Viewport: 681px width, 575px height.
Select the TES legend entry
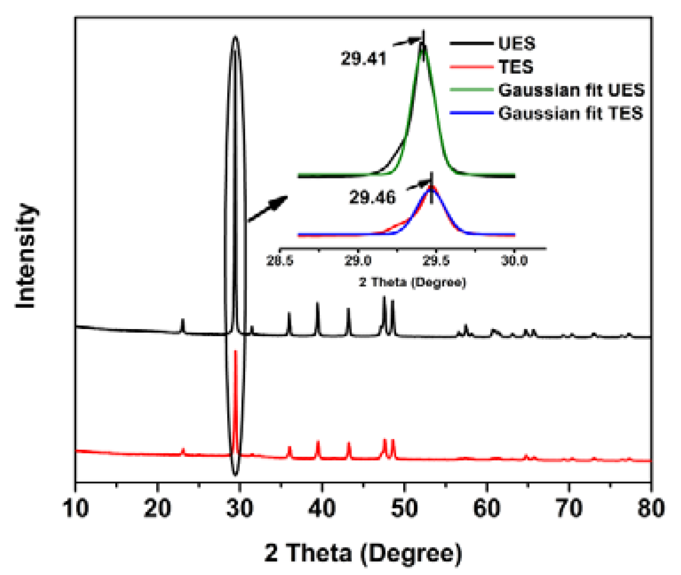pyautogui.click(x=516, y=67)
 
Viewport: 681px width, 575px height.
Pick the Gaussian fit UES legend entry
pyautogui.click(x=571, y=90)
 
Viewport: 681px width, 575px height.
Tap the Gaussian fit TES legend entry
pyautogui.click(x=571, y=113)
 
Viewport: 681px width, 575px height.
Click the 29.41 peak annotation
pyautogui.click(x=363, y=59)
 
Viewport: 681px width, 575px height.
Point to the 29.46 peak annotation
pyautogui.click(x=372, y=197)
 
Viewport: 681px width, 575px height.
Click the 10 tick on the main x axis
pyautogui.click(x=76, y=508)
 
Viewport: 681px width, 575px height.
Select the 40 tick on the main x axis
pyautogui.click(x=322, y=508)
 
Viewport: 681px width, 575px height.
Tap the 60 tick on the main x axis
pyautogui.click(x=487, y=508)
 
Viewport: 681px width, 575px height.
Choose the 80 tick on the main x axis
pyautogui.click(x=650, y=508)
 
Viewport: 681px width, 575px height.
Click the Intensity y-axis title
pyautogui.click(x=26, y=256)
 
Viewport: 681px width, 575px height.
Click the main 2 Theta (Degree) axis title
pyautogui.click(x=363, y=553)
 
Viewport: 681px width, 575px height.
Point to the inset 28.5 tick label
pyautogui.click(x=280, y=261)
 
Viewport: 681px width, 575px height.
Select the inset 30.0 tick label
pyautogui.click(x=514, y=261)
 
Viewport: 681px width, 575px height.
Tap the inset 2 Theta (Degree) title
pyautogui.click(x=412, y=282)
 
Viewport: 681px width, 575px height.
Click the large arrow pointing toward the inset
pyautogui.click(x=268, y=209)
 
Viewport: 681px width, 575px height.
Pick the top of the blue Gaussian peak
pyautogui.click(x=431, y=189)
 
